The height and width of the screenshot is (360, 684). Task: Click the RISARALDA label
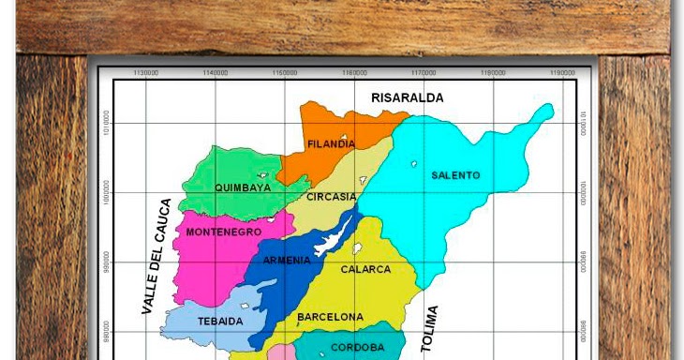tap(407, 97)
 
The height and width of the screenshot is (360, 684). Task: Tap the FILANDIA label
tap(332, 144)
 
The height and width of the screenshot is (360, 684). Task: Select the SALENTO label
tap(455, 175)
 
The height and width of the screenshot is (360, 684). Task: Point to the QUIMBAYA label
tap(243, 187)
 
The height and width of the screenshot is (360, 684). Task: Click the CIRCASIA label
tap(332, 197)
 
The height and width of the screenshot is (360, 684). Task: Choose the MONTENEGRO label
tap(223, 232)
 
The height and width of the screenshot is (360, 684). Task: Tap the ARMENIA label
tap(286, 260)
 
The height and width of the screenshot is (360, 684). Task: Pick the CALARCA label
tap(365, 269)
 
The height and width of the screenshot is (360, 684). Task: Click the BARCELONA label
tap(330, 318)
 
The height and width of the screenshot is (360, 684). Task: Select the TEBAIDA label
tap(220, 321)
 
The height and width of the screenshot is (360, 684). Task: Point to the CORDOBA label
tap(358, 347)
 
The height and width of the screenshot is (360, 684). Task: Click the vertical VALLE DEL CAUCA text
tap(155, 256)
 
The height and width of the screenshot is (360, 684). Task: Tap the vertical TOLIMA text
tap(430, 328)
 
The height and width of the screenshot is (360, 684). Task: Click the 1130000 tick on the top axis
tap(146, 72)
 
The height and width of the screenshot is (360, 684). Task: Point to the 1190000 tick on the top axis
tap(562, 72)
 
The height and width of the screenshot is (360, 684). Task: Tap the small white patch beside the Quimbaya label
tap(264, 175)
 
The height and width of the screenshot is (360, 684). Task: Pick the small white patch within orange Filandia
tap(347, 141)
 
